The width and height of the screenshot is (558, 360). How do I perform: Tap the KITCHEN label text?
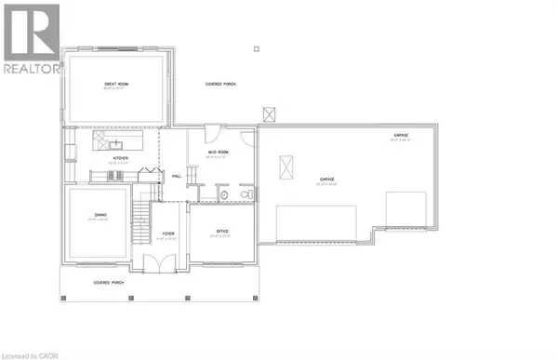(120, 159)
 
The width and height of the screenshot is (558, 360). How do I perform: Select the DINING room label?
(100, 215)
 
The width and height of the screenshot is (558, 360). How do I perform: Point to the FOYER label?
(168, 233)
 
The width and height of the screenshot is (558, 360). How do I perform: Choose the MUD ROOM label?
(219, 152)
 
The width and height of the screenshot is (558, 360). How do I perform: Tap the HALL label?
(177, 175)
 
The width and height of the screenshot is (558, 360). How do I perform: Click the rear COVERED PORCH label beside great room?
(220, 85)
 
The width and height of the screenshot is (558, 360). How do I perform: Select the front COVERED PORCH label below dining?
(109, 281)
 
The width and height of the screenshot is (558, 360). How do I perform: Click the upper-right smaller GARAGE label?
(401, 136)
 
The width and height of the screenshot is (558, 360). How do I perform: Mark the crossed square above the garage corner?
(271, 114)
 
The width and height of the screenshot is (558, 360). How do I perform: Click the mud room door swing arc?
(213, 134)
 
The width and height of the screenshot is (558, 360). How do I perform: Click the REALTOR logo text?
(31, 67)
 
